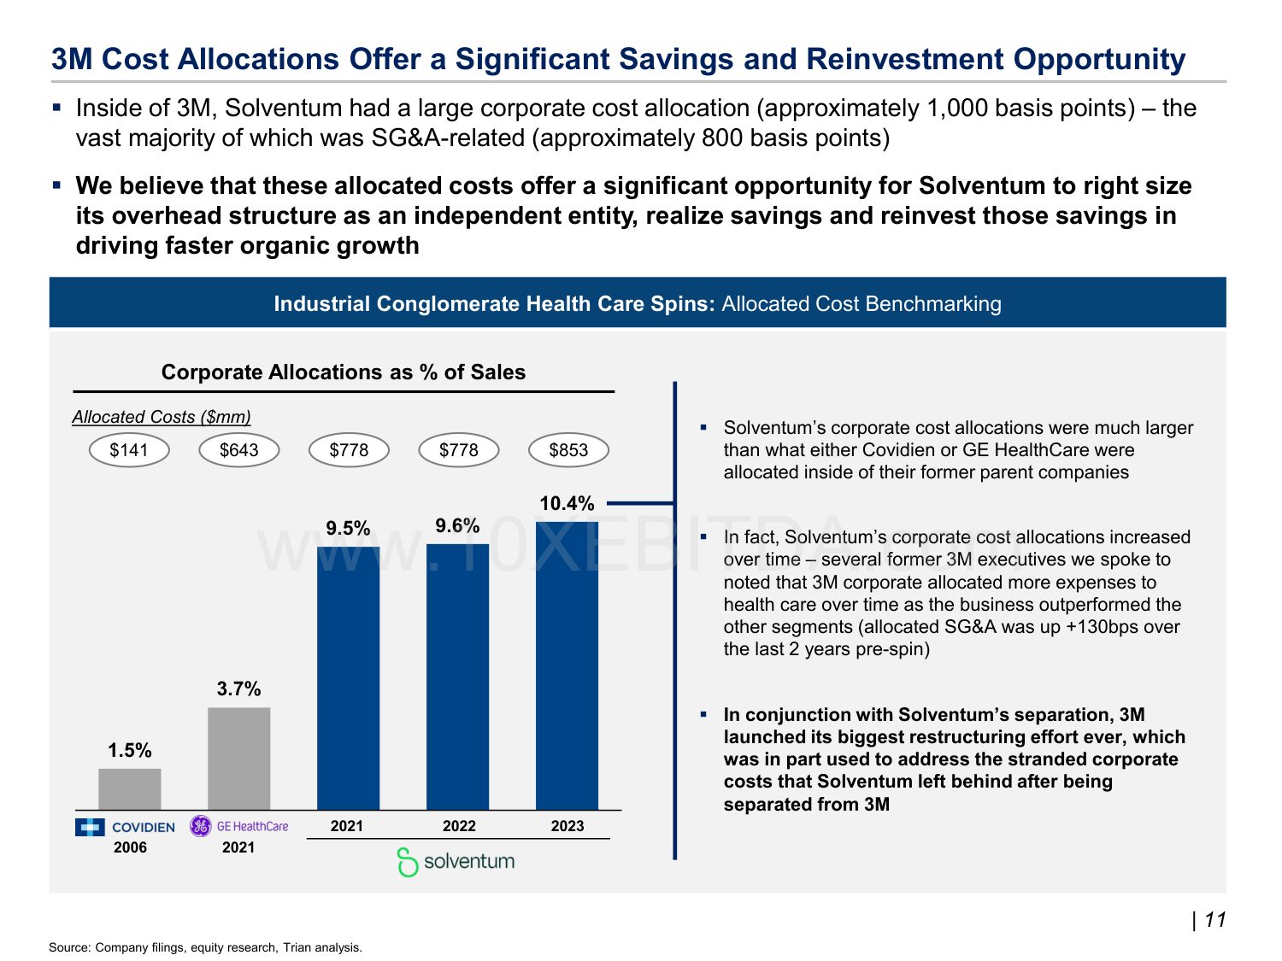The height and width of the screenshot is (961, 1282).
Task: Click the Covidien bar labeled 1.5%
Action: click(130, 789)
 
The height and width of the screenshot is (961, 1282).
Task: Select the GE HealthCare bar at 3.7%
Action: click(239, 759)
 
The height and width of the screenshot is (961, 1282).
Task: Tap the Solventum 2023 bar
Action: click(567, 666)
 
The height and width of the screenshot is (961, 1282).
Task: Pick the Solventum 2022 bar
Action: click(458, 677)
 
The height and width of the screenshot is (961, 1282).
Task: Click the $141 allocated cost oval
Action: click(129, 450)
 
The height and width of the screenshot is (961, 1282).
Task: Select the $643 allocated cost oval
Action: click(239, 450)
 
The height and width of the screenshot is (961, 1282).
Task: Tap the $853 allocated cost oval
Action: click(568, 450)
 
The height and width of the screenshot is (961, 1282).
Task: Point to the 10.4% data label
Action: click(567, 504)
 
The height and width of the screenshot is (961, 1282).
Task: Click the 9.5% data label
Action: click(348, 529)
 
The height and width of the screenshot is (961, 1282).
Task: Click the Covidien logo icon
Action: click(90, 827)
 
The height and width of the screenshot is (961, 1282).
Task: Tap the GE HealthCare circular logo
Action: click(201, 826)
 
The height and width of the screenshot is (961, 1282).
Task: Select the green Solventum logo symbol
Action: click(408, 862)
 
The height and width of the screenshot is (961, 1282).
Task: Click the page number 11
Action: click(1214, 920)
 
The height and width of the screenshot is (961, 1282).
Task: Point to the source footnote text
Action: click(205, 947)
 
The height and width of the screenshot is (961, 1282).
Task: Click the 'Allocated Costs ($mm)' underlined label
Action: click(162, 417)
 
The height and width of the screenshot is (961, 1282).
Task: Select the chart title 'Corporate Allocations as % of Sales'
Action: click(343, 372)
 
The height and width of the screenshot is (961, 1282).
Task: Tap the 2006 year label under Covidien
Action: click(130, 847)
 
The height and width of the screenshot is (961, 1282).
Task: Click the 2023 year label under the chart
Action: click(567, 826)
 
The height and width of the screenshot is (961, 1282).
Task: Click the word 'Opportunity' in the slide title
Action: click(1099, 59)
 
